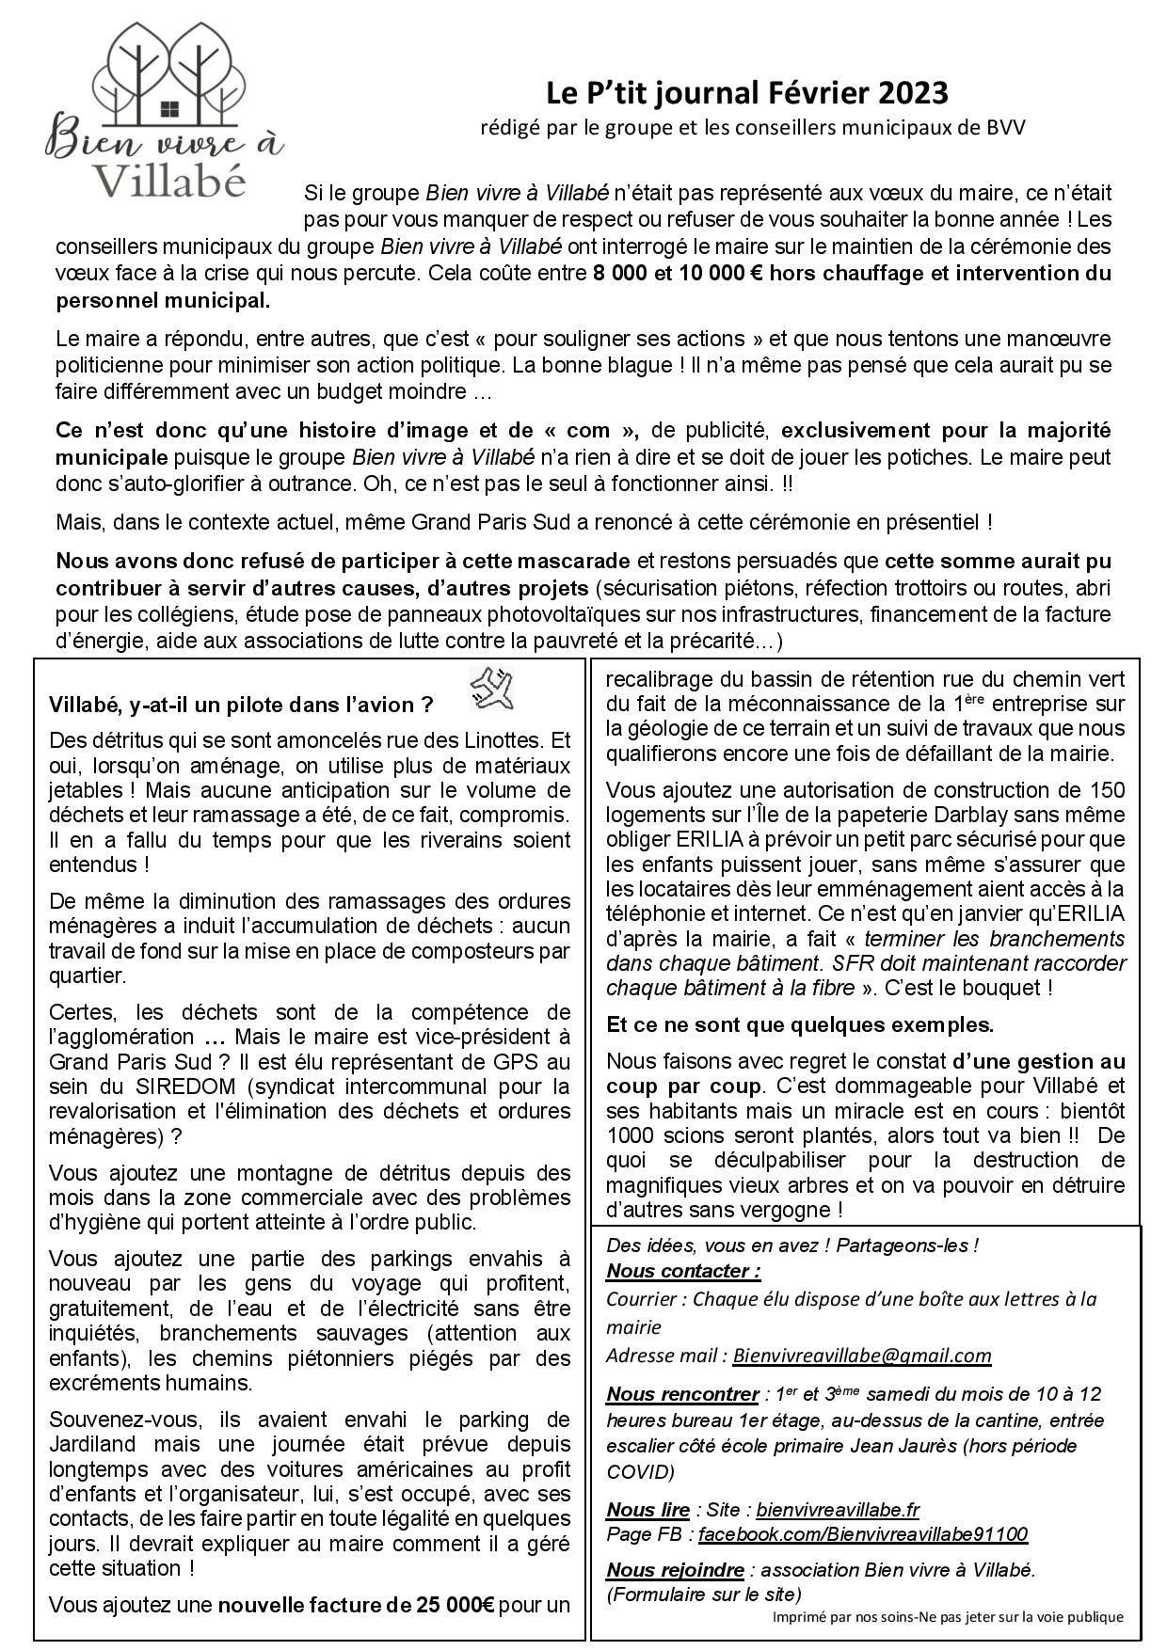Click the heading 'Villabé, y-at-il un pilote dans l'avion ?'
(241, 705)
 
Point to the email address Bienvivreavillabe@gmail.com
(861, 1356)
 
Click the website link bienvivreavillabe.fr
(837, 1510)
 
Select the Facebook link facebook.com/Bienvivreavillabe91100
(862, 1534)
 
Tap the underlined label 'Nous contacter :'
(683, 1271)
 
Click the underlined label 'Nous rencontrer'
(682, 1393)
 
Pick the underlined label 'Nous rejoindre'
(675, 1570)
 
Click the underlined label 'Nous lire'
(647, 1510)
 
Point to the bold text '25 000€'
(449, 1605)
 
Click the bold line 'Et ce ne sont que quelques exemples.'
(799, 1023)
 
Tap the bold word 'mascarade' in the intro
(575, 562)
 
